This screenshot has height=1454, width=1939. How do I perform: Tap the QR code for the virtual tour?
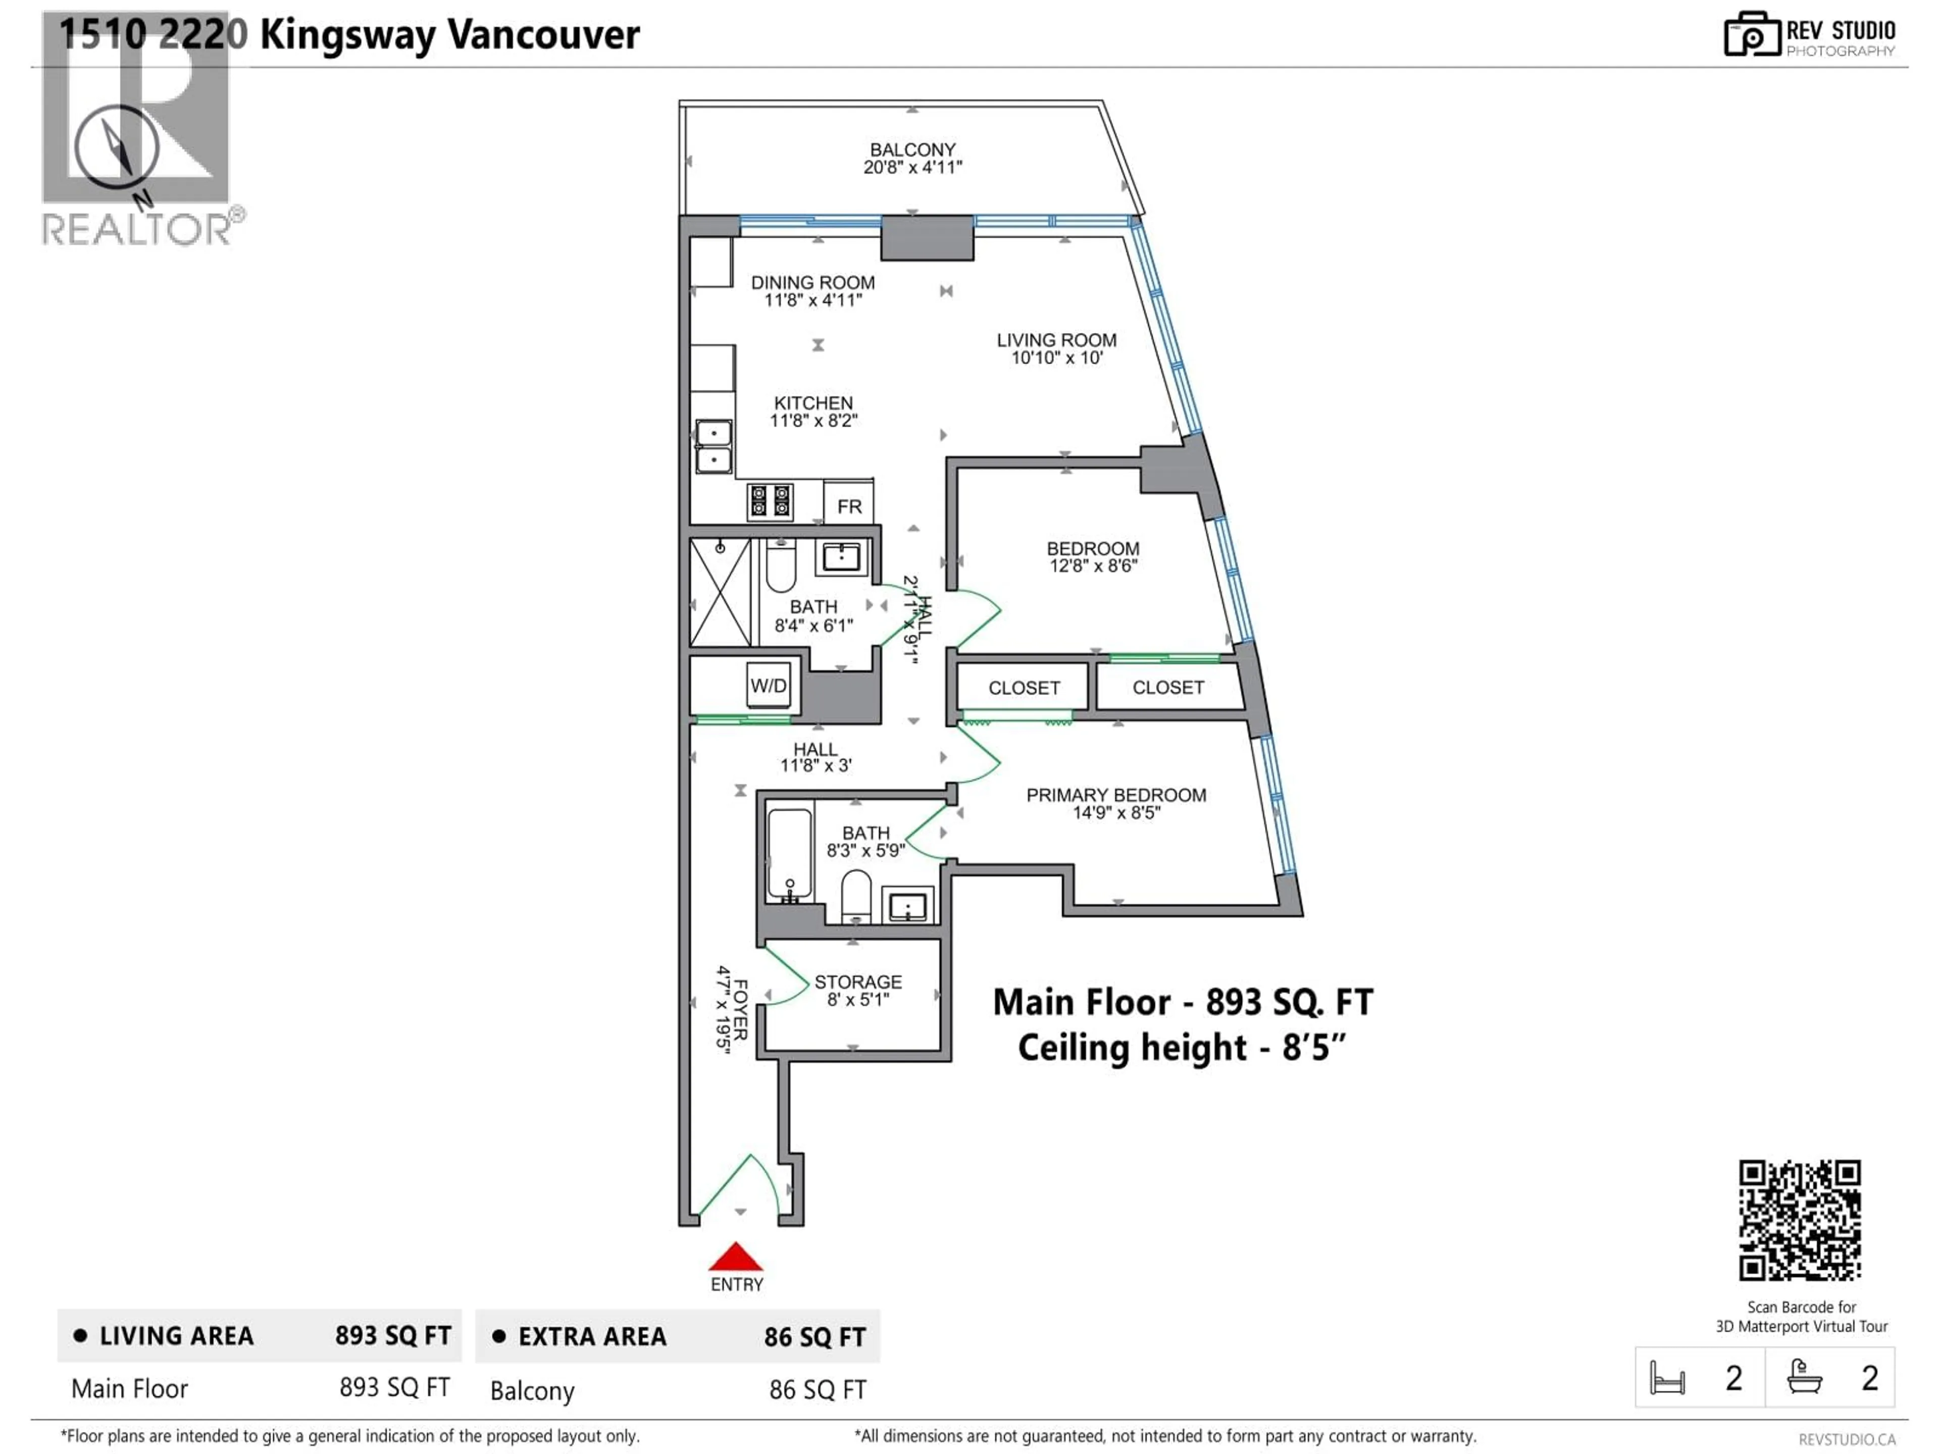click(x=1800, y=1220)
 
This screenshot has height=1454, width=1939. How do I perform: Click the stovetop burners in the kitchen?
click(x=770, y=501)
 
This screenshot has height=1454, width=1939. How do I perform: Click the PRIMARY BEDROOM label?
click(x=1116, y=795)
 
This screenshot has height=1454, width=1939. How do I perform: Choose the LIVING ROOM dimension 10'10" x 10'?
click(x=1056, y=357)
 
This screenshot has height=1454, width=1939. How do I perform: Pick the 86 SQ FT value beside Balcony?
click(x=817, y=1390)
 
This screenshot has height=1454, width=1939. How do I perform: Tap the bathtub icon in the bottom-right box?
click(x=1805, y=1377)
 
